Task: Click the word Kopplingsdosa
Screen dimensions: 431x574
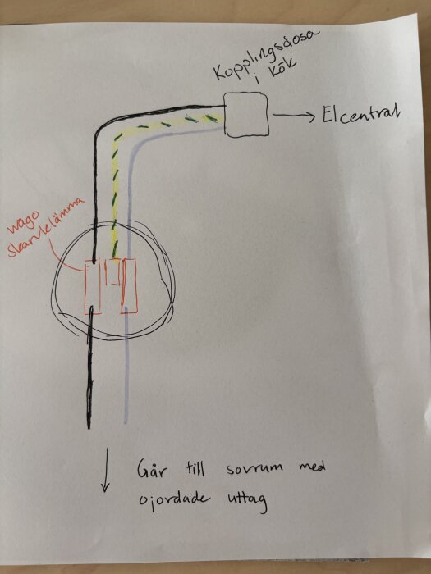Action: pos(267,54)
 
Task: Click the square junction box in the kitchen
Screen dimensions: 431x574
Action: pos(246,115)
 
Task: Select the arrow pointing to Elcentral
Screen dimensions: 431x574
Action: pos(294,116)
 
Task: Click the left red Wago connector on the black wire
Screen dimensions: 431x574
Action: pos(93,287)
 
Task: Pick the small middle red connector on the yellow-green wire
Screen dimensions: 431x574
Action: pos(112,271)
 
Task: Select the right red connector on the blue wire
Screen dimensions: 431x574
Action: pos(130,286)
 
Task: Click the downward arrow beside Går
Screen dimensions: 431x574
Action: pos(106,469)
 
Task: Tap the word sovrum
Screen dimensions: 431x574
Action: pos(254,468)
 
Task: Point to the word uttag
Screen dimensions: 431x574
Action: pos(245,501)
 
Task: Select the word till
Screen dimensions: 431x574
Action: pos(193,467)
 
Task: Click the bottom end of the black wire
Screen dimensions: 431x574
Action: pos(89,427)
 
